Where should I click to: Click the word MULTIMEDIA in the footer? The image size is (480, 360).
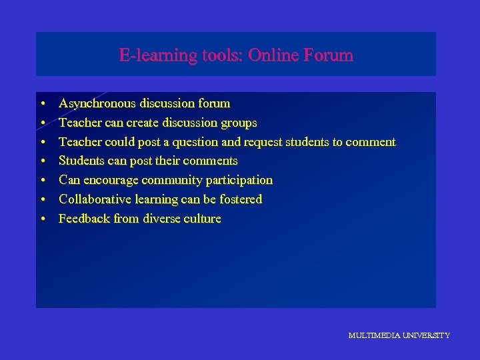pyautogui.click(x=373, y=335)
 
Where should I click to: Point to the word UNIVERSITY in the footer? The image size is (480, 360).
pyautogui.click(x=426, y=335)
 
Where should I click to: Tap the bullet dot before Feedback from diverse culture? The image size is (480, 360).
pyautogui.click(x=42, y=219)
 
